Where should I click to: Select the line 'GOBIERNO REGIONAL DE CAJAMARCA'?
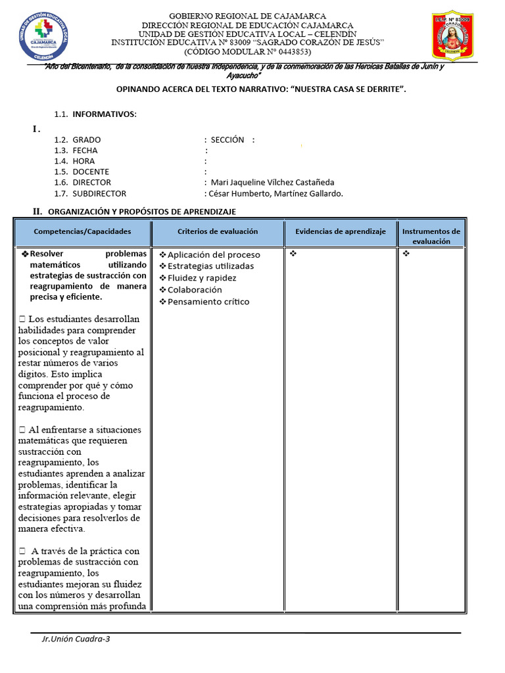tap(247, 16)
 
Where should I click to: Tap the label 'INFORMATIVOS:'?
tap(105, 114)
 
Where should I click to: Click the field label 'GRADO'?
tap(87, 140)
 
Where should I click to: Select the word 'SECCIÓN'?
tap(228, 140)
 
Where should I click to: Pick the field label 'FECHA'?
tap(85, 151)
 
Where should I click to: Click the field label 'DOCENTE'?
tap(91, 172)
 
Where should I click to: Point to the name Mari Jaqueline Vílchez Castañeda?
tap(272, 182)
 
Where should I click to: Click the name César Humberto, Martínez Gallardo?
tap(276, 193)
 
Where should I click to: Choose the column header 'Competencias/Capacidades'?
tap(82, 231)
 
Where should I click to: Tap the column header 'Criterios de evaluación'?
tap(218, 231)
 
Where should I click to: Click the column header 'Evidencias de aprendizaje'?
tap(340, 231)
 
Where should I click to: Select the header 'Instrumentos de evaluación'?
tap(431, 237)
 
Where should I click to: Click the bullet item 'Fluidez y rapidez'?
tap(201, 278)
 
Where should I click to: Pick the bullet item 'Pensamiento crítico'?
tap(208, 302)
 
